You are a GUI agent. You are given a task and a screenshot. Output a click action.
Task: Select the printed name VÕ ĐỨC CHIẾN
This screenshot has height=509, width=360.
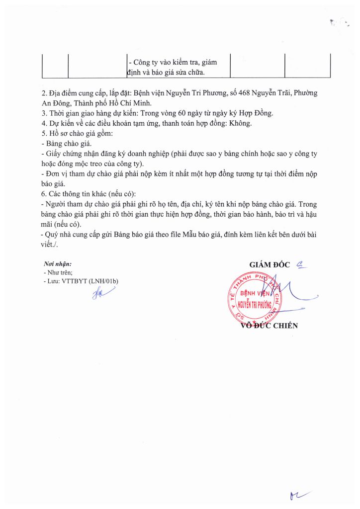[x=269, y=326]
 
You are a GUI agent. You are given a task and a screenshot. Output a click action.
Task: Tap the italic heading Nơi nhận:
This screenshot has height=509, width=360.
[x=58, y=264]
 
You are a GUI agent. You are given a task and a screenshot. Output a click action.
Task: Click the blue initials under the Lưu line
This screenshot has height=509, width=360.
[x=102, y=294]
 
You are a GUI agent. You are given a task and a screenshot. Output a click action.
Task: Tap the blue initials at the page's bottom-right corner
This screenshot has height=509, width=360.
[x=299, y=495]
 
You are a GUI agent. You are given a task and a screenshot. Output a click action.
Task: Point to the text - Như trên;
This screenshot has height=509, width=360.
[x=58, y=273]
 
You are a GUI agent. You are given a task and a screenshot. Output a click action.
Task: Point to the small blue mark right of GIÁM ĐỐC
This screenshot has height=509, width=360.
[x=301, y=264]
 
